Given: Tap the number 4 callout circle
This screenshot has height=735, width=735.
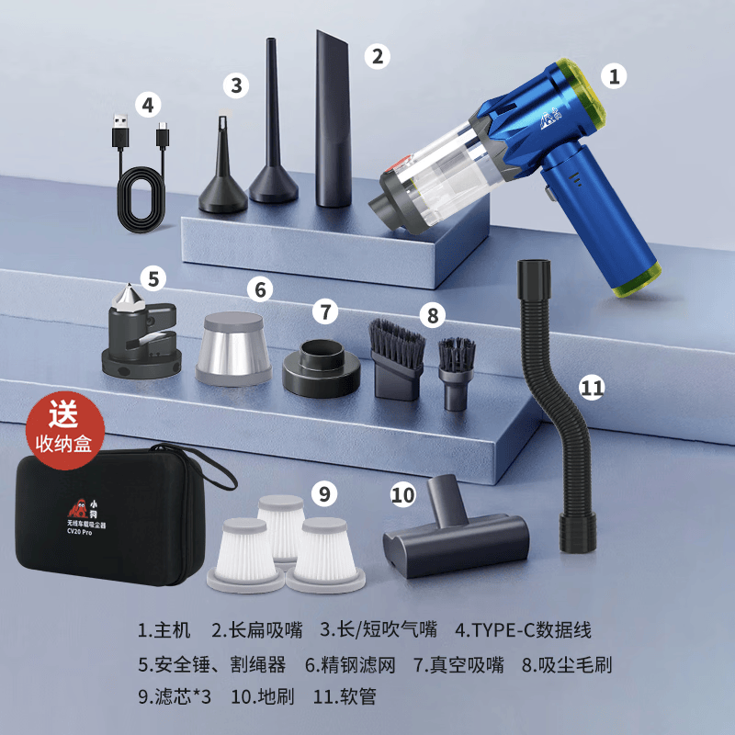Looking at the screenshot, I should pos(148,104).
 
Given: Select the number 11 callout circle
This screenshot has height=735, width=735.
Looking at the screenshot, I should pos(593,387).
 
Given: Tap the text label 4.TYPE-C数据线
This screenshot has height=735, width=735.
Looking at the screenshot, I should pos(523,630).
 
